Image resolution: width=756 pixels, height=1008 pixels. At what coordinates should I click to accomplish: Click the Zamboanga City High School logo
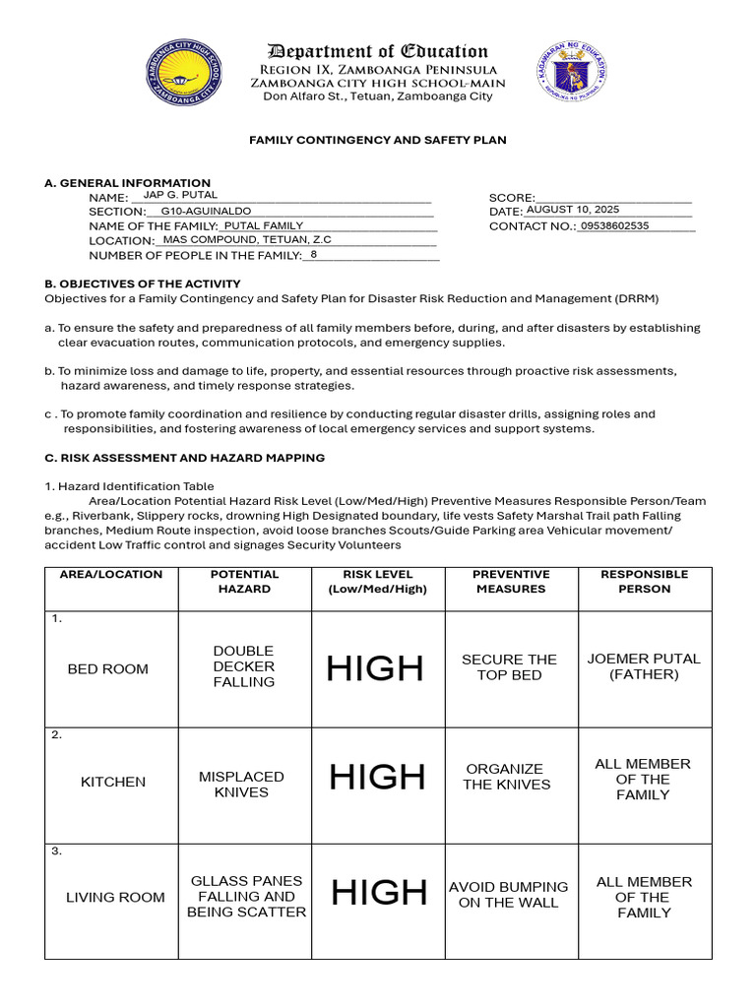[184, 72]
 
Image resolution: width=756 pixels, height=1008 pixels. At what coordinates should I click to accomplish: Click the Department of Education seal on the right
[572, 72]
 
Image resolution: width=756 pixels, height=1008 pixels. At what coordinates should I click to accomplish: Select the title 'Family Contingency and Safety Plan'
[378, 140]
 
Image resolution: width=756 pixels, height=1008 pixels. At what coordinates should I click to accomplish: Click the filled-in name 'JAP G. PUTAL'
[180, 195]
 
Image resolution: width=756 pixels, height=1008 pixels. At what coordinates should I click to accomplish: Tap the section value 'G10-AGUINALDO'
[206, 211]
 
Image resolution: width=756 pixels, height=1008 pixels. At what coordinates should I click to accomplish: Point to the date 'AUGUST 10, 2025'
[572, 210]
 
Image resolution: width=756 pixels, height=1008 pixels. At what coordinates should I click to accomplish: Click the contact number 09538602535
[614, 225]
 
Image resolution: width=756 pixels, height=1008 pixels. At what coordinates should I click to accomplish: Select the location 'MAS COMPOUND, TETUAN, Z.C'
[247, 239]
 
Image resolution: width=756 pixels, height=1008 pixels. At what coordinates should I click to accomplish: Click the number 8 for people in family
[313, 254]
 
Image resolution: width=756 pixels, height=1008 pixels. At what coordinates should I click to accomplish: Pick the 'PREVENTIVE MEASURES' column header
[511, 582]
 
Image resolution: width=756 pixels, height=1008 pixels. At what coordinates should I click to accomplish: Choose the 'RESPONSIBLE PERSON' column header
[645, 582]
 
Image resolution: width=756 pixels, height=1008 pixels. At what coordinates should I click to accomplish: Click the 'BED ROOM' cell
[108, 669]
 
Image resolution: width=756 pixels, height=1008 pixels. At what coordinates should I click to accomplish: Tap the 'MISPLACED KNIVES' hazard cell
[241, 785]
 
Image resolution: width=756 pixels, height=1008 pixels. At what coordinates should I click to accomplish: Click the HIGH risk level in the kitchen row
[377, 778]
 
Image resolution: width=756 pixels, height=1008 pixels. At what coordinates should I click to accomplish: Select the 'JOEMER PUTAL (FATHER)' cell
[644, 666]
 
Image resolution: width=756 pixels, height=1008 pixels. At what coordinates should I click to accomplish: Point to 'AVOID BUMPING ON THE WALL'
[509, 895]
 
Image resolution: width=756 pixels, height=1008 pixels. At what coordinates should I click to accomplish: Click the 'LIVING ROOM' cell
[115, 897]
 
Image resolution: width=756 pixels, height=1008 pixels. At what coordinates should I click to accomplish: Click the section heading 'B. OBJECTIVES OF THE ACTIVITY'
[143, 283]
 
